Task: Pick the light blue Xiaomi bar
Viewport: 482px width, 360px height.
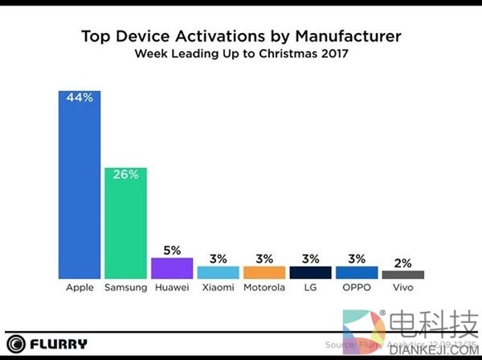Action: (x=218, y=273)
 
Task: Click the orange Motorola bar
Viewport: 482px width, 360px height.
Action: (x=263, y=273)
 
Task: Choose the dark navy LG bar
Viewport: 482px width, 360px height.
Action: (x=310, y=273)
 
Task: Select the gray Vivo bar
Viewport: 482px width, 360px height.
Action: (x=402, y=275)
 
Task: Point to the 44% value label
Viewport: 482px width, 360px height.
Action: (x=78, y=98)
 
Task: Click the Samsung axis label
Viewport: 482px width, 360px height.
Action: (x=125, y=288)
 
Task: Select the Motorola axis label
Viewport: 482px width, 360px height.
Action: (x=263, y=288)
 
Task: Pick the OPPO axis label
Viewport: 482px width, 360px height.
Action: (x=357, y=288)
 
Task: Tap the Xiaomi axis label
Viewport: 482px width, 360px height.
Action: (x=218, y=288)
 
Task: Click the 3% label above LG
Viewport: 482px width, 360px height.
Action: (x=310, y=259)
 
